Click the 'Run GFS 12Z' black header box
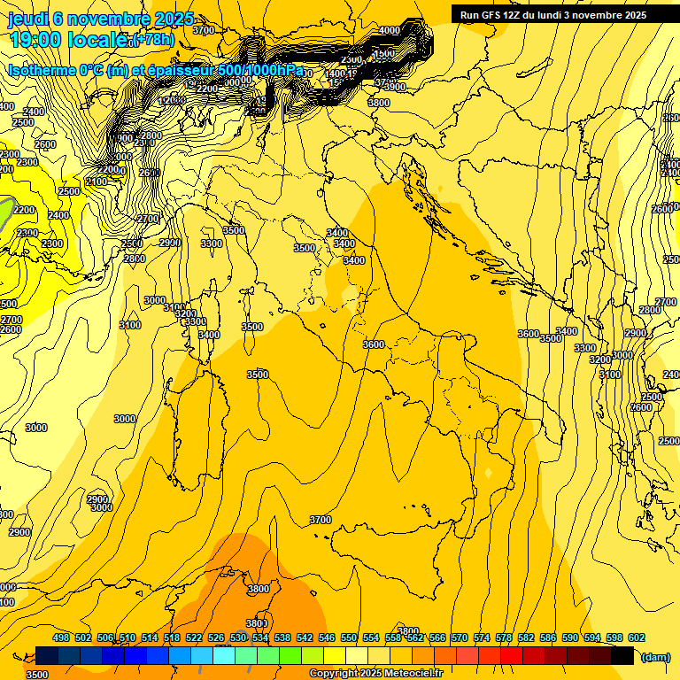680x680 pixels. click(553, 15)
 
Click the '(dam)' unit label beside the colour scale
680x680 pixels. click(654, 658)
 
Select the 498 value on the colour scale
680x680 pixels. click(61, 637)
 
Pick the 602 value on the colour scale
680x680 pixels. click(637, 637)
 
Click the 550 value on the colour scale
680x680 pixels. click(349, 637)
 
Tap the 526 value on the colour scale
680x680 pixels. click(216, 637)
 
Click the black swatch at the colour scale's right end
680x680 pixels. click(622, 655)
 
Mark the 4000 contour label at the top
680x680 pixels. click(389, 31)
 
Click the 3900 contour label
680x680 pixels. click(394, 87)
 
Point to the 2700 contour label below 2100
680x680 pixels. click(148, 219)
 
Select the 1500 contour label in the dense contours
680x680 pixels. click(383, 53)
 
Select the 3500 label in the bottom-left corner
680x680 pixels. click(37, 675)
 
